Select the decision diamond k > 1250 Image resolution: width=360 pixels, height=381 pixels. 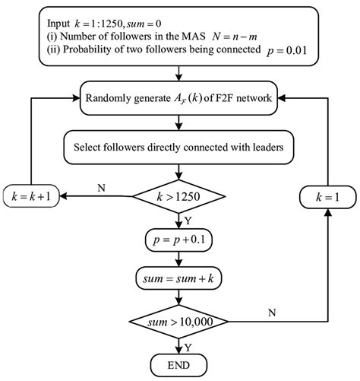pos(179,197)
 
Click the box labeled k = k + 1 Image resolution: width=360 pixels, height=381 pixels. pos(32,196)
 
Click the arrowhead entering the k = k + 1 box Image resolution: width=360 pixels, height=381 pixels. pos(64,196)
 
